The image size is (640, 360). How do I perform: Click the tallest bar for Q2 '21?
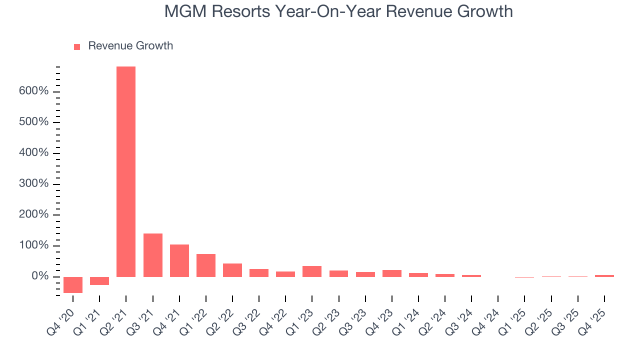click(x=126, y=171)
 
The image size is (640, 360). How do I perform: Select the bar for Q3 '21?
click(x=152, y=255)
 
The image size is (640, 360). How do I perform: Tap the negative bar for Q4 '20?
click(x=73, y=284)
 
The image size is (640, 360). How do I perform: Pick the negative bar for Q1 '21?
click(x=99, y=280)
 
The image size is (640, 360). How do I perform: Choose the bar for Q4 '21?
click(x=179, y=260)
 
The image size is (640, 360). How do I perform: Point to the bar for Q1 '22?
click(x=205, y=265)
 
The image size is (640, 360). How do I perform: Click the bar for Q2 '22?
click(x=232, y=270)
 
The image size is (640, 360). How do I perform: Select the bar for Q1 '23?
click(x=312, y=271)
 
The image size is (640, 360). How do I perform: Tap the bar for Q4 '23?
click(x=391, y=273)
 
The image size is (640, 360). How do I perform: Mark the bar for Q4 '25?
click(x=604, y=275)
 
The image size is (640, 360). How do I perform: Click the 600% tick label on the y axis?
click(x=34, y=91)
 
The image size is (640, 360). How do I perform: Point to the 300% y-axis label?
click(x=34, y=184)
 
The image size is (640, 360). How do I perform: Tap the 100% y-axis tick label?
click(x=34, y=245)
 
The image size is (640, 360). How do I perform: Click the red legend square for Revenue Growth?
click(x=77, y=46)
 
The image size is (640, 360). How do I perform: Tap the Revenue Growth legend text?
click(x=130, y=46)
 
